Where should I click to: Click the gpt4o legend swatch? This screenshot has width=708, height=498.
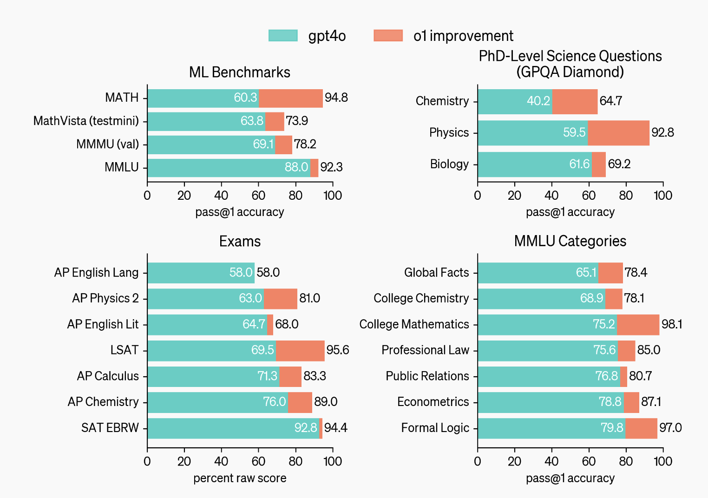pyautogui.click(x=283, y=36)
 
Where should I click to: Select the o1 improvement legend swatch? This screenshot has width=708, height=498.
pyautogui.click(x=388, y=36)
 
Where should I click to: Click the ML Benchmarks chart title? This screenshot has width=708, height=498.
pyautogui.click(x=240, y=72)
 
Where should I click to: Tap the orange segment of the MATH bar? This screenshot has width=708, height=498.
pyautogui.click(x=291, y=98)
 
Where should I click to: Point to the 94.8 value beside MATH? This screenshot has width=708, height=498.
pyautogui.click(x=336, y=98)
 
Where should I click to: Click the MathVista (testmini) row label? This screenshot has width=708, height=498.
pyautogui.click(x=86, y=121)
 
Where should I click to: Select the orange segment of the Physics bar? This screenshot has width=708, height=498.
pyautogui.click(x=618, y=133)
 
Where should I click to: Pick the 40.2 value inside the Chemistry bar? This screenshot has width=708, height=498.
pyautogui.click(x=538, y=101)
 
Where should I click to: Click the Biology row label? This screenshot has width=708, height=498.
pyautogui.click(x=449, y=164)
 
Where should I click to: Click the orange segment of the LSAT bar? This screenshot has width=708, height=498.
pyautogui.click(x=300, y=351)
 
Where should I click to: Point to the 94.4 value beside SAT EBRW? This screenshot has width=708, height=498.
pyautogui.click(x=336, y=428)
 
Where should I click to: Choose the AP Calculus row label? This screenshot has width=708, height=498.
pyautogui.click(x=108, y=376)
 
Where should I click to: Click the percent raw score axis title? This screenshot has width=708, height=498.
pyautogui.click(x=240, y=478)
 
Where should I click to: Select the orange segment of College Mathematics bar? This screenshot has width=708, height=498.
pyautogui.click(x=638, y=325)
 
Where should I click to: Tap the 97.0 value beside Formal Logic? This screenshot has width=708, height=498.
pyautogui.click(x=670, y=428)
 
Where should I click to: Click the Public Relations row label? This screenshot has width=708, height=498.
pyautogui.click(x=427, y=376)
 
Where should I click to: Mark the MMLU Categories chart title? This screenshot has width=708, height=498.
pyautogui.click(x=570, y=241)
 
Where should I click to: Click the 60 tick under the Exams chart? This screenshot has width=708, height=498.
pyautogui.click(x=258, y=461)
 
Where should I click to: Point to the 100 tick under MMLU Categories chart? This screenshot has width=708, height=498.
pyautogui.click(x=663, y=461)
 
